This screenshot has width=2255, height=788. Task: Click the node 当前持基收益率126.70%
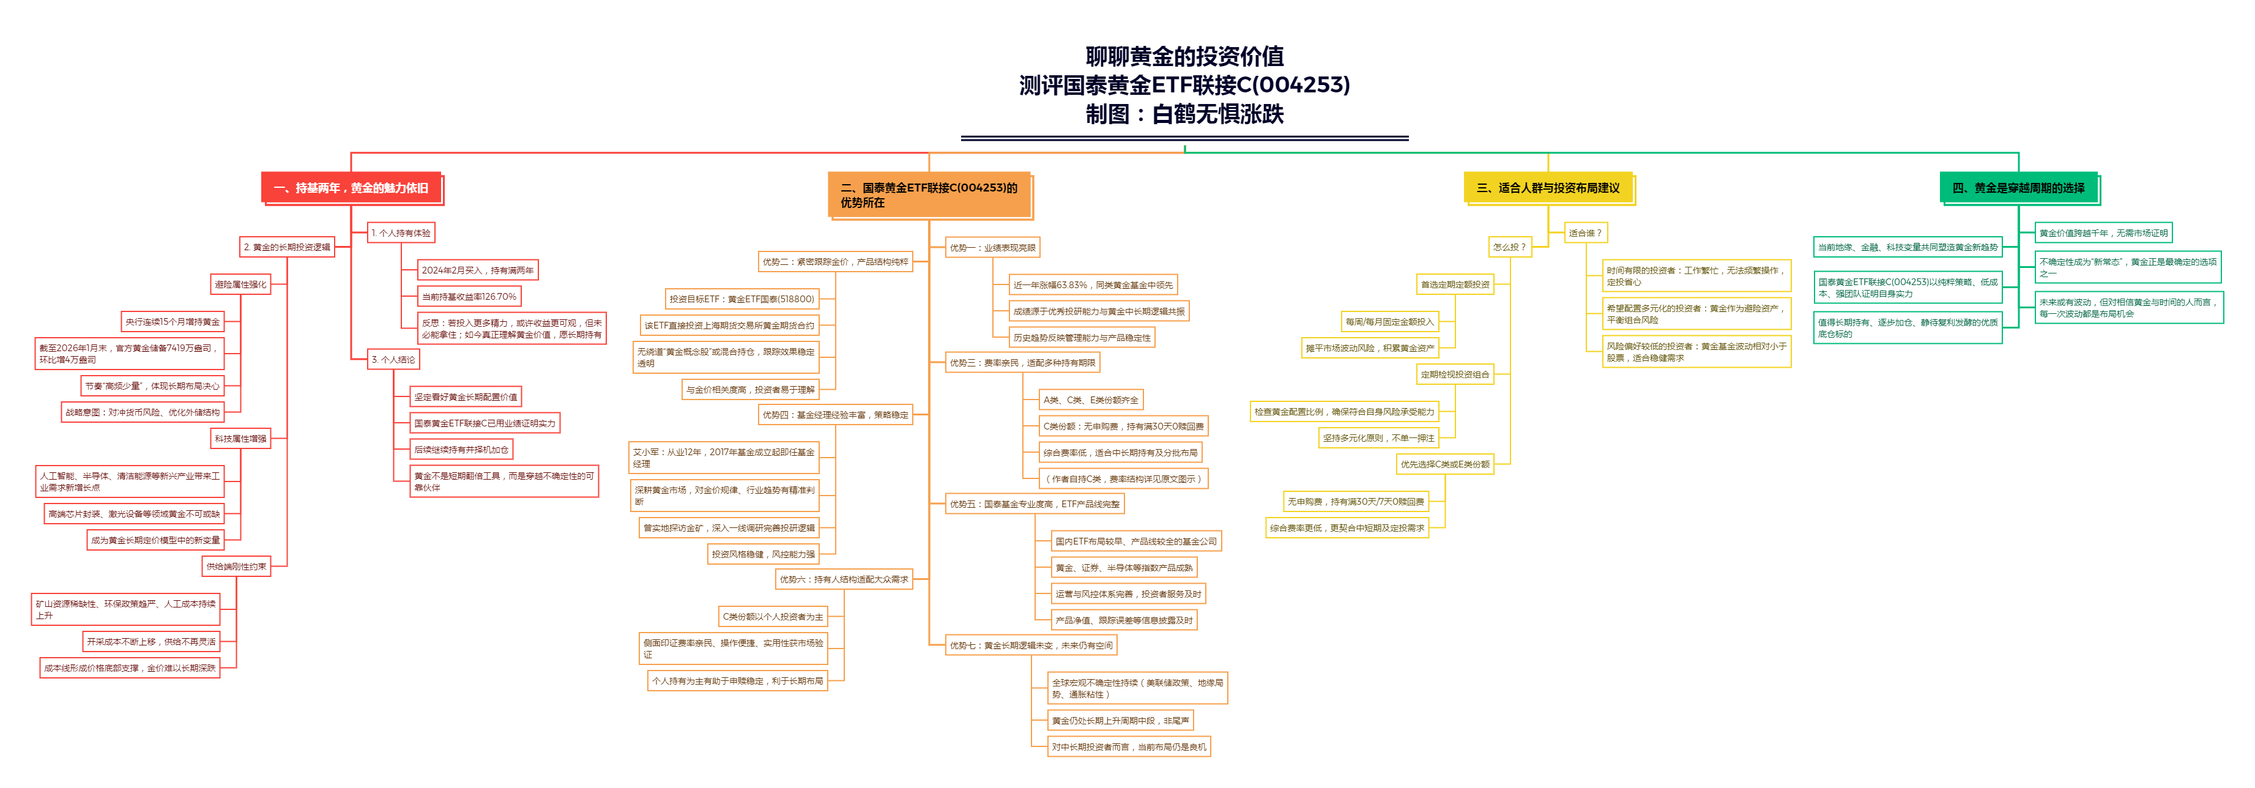[x=469, y=297]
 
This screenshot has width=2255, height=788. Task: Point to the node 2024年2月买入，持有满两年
[x=477, y=270]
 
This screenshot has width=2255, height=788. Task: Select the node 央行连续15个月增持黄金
[x=173, y=321]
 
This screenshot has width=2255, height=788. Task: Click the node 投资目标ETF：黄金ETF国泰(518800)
[x=741, y=299]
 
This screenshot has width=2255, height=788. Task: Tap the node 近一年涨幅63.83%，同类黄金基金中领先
[x=1093, y=284]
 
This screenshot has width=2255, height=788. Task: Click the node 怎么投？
[x=1509, y=247]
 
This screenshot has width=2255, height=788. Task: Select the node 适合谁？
[x=1584, y=233]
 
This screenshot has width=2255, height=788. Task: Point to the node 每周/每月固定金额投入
[x=1389, y=321]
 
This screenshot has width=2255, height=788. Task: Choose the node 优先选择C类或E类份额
[x=1444, y=464]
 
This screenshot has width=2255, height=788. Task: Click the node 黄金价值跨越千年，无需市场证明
[x=2103, y=233]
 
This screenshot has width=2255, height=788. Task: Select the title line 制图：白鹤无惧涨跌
[x=1184, y=114]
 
